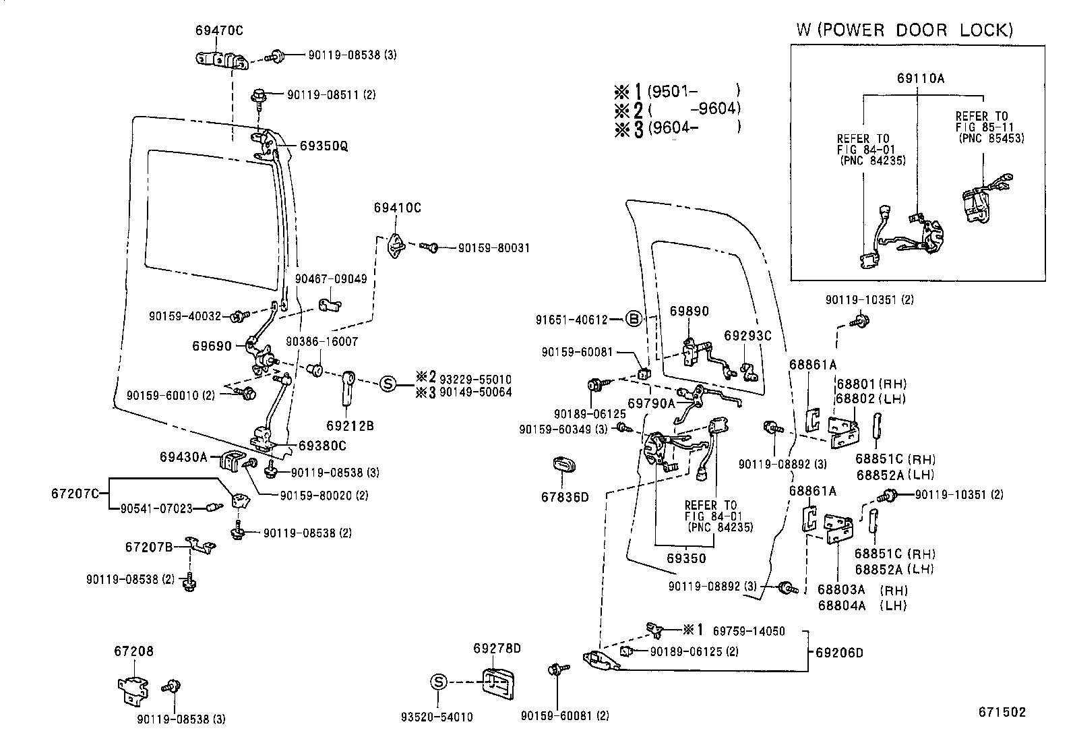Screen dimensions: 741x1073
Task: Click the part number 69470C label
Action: pyautogui.click(x=219, y=30)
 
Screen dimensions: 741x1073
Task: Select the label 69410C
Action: pyautogui.click(x=397, y=208)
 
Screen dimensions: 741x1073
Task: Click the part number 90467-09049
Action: pyautogui.click(x=331, y=278)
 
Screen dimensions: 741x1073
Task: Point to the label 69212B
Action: pyautogui.click(x=350, y=426)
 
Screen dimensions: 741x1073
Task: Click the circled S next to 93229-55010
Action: pyautogui.click(x=388, y=384)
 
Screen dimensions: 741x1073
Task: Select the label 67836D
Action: pyautogui.click(x=565, y=498)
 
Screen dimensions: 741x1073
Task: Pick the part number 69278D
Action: pyautogui.click(x=497, y=649)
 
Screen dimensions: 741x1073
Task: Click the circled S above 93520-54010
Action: pyautogui.click(x=438, y=682)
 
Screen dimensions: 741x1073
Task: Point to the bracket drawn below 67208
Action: pyautogui.click(x=132, y=689)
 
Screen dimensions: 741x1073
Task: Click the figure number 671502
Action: pyautogui.click(x=1002, y=713)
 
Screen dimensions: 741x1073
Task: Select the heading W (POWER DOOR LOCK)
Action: pyautogui.click(x=905, y=30)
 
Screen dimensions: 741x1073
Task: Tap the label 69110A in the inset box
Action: pyautogui.click(x=920, y=78)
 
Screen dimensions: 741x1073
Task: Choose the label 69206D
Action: pyautogui.click(x=839, y=653)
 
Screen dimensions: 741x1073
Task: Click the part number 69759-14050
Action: pyautogui.click(x=749, y=631)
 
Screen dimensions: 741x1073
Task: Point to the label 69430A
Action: pyautogui.click(x=183, y=457)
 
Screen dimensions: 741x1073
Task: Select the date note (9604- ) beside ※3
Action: pyautogui.click(x=694, y=127)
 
